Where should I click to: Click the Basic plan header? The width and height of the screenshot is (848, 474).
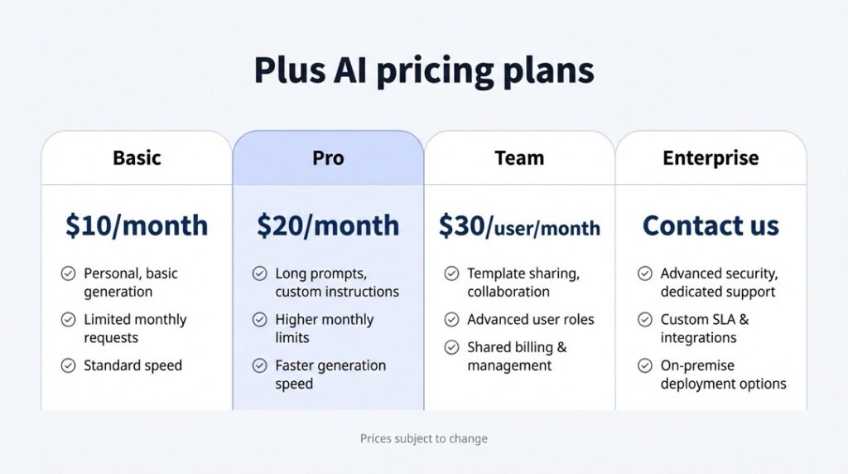click(137, 158)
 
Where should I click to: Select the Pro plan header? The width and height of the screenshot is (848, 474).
click(328, 158)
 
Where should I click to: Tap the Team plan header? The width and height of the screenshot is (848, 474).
click(519, 158)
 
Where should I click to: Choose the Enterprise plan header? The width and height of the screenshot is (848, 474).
click(711, 158)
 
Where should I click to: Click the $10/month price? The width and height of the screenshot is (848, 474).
click(137, 225)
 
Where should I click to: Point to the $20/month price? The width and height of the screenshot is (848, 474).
click(328, 225)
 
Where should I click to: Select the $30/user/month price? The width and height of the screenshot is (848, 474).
click(519, 225)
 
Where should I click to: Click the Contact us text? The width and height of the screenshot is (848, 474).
click(711, 225)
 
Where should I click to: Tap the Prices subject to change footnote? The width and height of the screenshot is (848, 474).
click(424, 438)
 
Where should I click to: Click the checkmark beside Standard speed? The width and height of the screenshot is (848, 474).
click(68, 365)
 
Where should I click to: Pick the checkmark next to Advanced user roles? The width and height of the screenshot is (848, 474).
click(451, 320)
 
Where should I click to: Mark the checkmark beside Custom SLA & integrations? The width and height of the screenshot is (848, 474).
click(644, 320)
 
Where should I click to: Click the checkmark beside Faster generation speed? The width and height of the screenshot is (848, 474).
click(259, 365)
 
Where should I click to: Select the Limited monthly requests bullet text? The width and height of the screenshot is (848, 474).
click(135, 328)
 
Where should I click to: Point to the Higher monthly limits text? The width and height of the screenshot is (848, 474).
click(325, 328)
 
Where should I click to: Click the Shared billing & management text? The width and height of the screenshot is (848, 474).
click(517, 356)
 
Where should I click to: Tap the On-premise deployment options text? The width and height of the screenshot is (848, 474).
click(723, 375)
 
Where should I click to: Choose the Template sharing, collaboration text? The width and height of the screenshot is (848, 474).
click(523, 283)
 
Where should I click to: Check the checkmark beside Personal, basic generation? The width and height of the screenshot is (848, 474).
click(68, 273)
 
